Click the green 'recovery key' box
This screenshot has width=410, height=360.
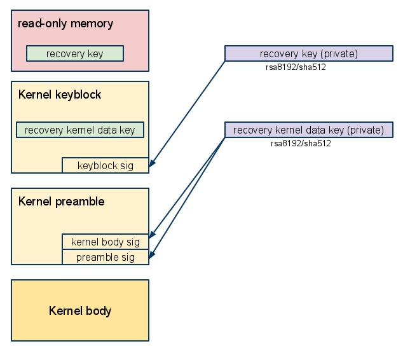click(x=75, y=53)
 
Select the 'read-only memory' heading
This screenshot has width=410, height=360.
click(x=65, y=24)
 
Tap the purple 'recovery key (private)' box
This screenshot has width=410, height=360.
click(x=309, y=53)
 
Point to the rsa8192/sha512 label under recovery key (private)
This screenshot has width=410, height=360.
click(x=296, y=67)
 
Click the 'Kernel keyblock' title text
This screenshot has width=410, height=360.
click(x=60, y=94)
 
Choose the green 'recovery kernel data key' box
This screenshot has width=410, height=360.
click(x=80, y=130)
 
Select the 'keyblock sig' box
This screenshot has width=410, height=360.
click(x=106, y=165)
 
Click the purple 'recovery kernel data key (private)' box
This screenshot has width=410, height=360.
click(x=309, y=130)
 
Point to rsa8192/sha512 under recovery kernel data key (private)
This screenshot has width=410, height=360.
click(x=301, y=143)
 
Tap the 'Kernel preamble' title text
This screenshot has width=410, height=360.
click(x=62, y=202)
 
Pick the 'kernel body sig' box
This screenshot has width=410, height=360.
click(x=106, y=242)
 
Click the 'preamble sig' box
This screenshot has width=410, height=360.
click(x=106, y=257)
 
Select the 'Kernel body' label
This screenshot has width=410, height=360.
click(x=80, y=311)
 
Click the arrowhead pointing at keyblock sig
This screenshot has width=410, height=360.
click(x=152, y=163)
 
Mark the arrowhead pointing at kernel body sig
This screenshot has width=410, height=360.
click(x=152, y=235)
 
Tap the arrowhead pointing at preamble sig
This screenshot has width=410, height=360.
click(x=152, y=254)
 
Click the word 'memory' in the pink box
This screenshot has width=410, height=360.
click(x=92, y=24)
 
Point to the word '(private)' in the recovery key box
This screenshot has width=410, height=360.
click(x=341, y=54)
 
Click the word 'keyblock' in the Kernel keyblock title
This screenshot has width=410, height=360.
click(x=78, y=94)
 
